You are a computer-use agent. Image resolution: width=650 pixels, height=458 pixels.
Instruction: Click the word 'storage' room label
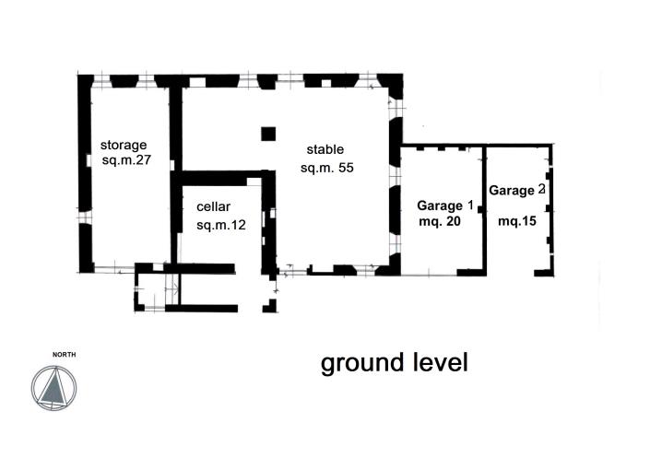[x=124, y=145]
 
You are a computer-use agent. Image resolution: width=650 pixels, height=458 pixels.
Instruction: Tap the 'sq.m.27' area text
[x=126, y=160]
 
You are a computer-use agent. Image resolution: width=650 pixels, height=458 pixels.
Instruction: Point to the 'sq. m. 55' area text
[x=327, y=168]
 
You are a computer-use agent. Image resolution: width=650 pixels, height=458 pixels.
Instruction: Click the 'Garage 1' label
[x=444, y=205]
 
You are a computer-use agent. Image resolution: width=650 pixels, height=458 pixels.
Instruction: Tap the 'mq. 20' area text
[x=439, y=221]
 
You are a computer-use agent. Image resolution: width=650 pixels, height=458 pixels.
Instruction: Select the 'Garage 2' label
[x=517, y=191]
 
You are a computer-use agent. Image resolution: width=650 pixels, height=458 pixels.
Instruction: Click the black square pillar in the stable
[x=268, y=134]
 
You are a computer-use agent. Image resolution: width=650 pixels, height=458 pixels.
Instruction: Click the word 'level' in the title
[x=440, y=362]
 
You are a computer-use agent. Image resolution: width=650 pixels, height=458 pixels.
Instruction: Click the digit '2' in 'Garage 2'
[x=541, y=189]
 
